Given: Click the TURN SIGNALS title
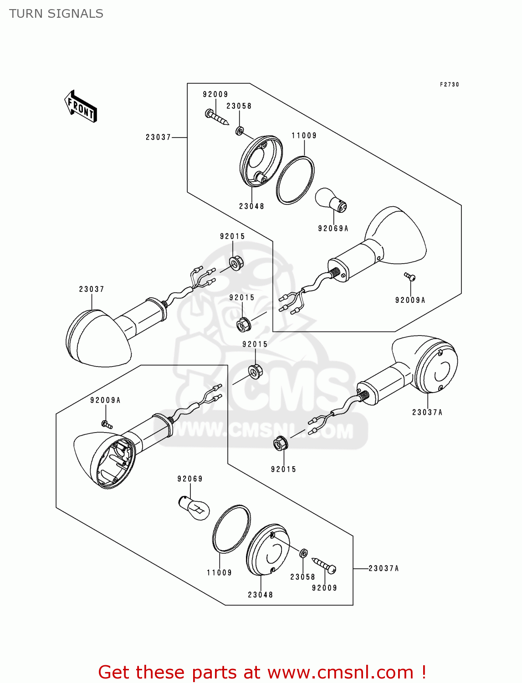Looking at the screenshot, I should coord(56,14).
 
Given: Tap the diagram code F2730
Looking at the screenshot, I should coord(449,85).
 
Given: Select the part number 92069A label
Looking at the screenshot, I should coord(333,229).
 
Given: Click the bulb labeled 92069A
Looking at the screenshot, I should coord(331,200).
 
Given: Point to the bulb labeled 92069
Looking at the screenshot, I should coord(194,507).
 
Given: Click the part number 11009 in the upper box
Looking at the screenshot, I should coord(304,136).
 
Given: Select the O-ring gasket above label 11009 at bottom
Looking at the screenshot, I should coord(231,528).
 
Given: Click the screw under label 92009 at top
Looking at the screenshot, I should coord(216,117).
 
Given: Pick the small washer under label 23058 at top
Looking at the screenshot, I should coord(240,132).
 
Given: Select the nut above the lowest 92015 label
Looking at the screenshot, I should coord(280,443).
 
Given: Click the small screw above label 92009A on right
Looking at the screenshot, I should coord(410,276).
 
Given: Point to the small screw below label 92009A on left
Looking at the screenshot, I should coord(107,424).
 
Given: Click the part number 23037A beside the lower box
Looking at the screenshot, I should coord(384,568).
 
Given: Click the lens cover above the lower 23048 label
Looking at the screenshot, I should coord(268,550).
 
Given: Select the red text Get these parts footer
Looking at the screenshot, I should coord(262,672).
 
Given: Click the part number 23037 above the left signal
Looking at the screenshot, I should coord(92,289).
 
